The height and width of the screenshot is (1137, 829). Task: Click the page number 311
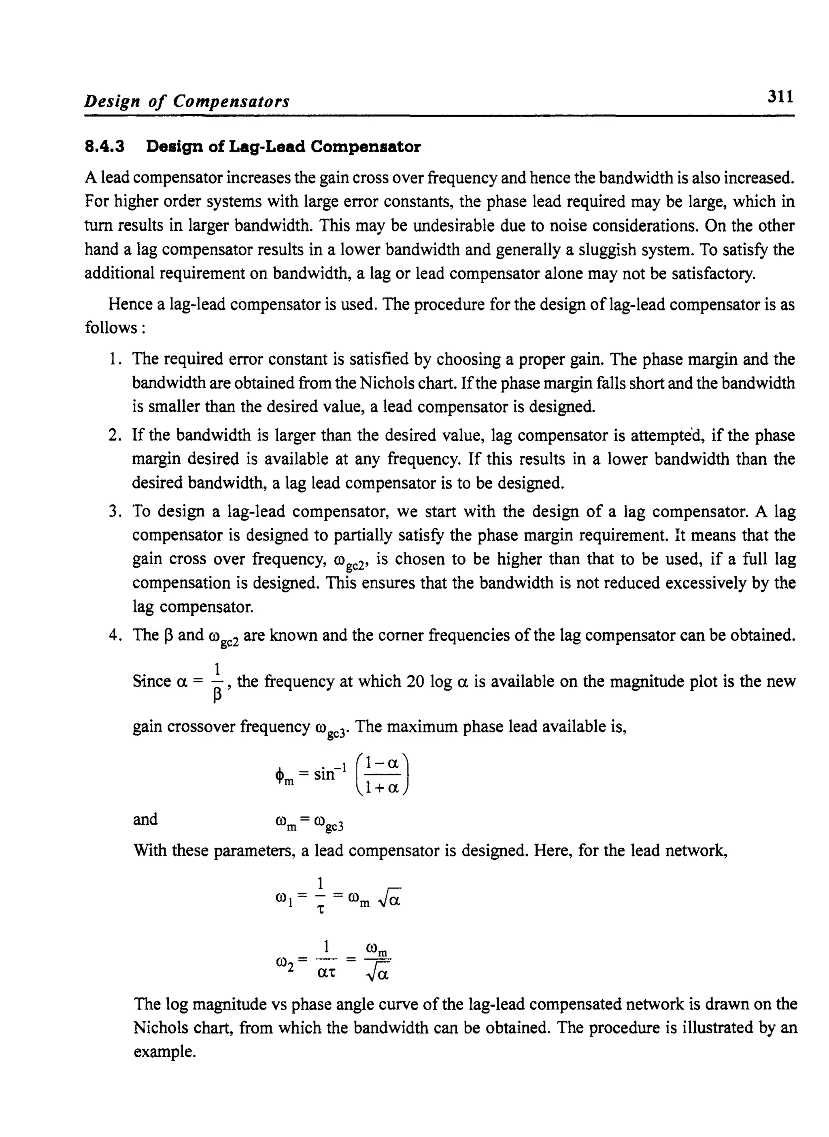pyautogui.click(x=780, y=96)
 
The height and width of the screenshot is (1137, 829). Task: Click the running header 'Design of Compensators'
pyautogui.click(x=187, y=101)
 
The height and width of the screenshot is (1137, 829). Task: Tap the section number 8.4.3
pyautogui.click(x=104, y=147)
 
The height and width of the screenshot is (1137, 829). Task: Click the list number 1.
pyautogui.click(x=114, y=359)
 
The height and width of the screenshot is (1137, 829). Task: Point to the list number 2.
pyautogui.click(x=114, y=435)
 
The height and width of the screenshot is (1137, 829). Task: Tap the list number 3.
pyautogui.click(x=114, y=512)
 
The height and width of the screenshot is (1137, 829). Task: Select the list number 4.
pyautogui.click(x=114, y=635)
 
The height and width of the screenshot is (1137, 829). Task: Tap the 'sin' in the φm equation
pyautogui.click(x=324, y=774)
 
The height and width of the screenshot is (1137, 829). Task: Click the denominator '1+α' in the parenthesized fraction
pyautogui.click(x=381, y=788)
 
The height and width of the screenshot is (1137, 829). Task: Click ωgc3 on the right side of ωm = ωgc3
pyautogui.click(x=329, y=823)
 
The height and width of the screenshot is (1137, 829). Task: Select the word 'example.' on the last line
pyautogui.click(x=164, y=1051)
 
